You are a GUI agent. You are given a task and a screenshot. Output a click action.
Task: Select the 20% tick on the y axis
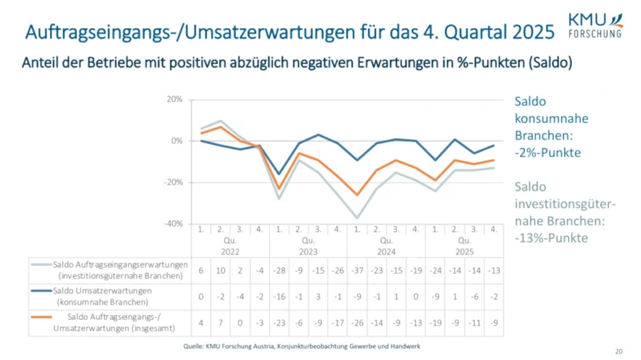pyautogui.click(x=174, y=100)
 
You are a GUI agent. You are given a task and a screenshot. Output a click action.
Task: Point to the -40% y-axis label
pyautogui.click(x=173, y=224)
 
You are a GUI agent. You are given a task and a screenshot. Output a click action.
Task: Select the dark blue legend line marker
pyautogui.click(x=41, y=291)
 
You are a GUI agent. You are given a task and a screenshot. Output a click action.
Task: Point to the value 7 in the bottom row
pyautogui.click(x=221, y=323)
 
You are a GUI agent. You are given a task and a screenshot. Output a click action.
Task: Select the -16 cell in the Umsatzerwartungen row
pyautogui.click(x=279, y=296)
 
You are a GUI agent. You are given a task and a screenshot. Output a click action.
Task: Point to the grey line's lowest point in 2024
pyautogui.click(x=357, y=218)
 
